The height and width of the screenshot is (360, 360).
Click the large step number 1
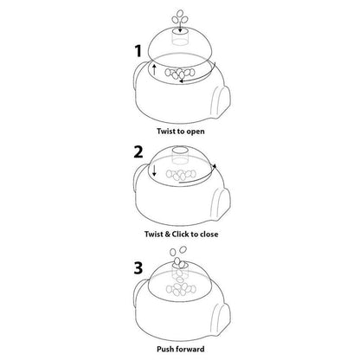point(138,51)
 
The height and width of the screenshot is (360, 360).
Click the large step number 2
point(138,151)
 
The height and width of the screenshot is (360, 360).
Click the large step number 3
point(138,267)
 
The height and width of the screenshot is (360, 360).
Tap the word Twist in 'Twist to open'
point(166,132)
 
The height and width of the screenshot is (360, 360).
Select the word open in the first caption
point(196,132)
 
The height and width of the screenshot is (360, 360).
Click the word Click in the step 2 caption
point(180,234)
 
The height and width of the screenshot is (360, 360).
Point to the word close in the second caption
point(209,234)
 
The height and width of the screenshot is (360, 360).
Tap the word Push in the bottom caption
point(165,349)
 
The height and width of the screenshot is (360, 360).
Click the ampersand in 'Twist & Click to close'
point(167,234)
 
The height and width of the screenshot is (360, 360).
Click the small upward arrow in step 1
point(154,69)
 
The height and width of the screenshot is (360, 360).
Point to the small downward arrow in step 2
point(154,170)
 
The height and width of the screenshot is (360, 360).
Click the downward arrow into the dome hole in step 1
point(180,27)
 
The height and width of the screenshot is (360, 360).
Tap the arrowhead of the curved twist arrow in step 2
point(215,166)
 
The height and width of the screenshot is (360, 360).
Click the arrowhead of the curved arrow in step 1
point(182,81)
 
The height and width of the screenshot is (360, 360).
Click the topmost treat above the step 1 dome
point(180,14)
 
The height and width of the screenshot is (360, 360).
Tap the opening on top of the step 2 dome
point(180,151)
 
